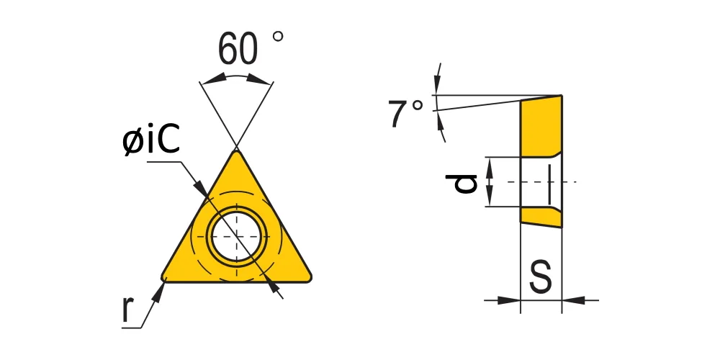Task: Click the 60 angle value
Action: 238,49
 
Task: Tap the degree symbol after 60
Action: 278,36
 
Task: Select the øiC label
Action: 151,140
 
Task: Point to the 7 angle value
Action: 398,114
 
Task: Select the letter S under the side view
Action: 541,277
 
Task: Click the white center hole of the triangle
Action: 236,236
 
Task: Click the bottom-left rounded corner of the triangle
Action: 164,277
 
